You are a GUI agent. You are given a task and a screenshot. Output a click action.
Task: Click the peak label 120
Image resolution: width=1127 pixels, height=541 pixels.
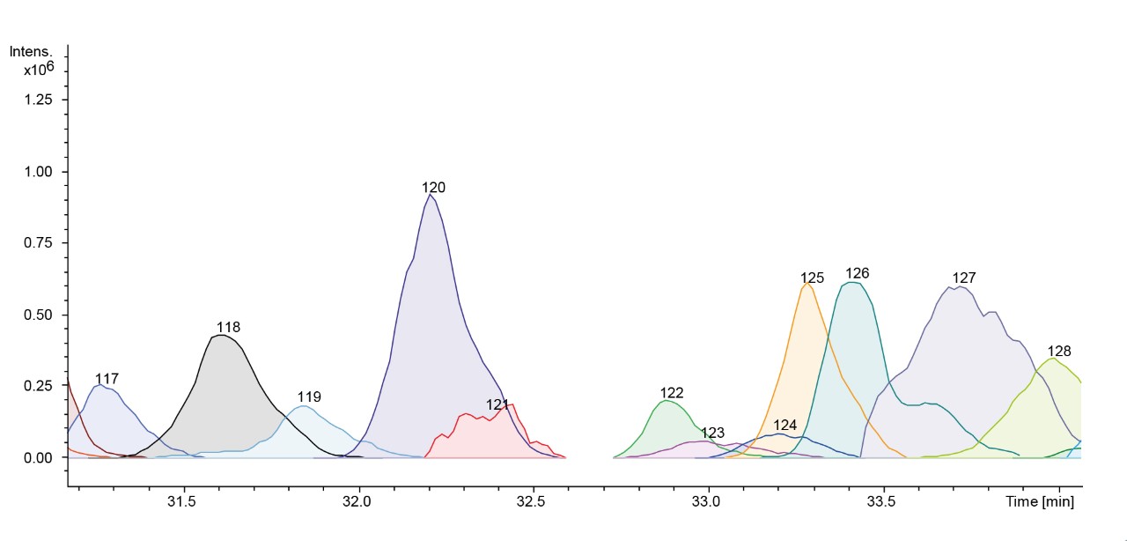pos(433,188)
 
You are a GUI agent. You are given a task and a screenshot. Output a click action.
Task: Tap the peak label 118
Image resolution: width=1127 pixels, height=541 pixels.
pos(228,328)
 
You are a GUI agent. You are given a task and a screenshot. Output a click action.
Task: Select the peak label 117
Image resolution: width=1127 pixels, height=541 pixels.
pos(107,379)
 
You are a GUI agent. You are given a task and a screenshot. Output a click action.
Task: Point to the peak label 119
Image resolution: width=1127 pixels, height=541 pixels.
pos(309,396)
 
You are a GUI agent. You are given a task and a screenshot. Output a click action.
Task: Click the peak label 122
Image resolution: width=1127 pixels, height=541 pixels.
pos(672,393)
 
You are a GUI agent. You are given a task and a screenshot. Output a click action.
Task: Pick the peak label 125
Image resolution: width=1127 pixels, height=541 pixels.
pos(812,278)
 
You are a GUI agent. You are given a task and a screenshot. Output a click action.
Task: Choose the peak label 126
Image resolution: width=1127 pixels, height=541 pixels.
pos(858,273)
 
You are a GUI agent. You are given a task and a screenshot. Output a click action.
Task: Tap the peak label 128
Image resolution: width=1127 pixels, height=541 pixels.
pos(1059,351)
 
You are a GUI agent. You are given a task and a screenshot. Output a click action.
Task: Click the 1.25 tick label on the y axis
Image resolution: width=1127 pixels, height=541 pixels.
pos(38,100)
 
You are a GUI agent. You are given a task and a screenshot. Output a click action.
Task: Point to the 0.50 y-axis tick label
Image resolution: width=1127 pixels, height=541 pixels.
pos(38,315)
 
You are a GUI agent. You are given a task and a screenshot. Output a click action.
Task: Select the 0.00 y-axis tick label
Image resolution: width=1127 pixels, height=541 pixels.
pos(38,458)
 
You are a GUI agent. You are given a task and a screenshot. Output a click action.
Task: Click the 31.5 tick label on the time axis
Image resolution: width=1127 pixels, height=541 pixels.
pos(181,501)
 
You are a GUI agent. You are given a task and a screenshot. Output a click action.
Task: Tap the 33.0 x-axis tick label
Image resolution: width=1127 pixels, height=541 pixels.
pos(706,501)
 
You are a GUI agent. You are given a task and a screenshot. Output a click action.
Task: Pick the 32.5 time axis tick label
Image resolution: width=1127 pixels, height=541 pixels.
pos(531,501)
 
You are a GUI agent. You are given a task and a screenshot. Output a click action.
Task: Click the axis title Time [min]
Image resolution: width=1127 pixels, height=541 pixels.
pos(1040,501)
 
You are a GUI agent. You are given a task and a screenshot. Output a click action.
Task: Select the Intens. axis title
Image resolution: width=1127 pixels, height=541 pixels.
pos(31,52)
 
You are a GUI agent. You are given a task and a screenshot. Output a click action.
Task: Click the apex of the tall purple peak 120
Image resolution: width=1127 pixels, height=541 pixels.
pos(430,195)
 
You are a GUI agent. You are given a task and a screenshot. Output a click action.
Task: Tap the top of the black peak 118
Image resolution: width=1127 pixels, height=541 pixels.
pos(221,335)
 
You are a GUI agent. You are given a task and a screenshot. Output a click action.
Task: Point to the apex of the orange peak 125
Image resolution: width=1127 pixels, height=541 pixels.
pos(807,283)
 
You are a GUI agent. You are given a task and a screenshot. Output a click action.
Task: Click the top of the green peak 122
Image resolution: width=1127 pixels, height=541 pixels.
pos(667,400)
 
